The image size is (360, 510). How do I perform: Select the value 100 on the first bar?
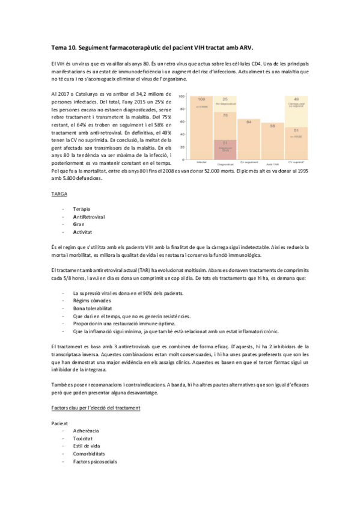[201, 99]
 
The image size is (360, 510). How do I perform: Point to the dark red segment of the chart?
[225, 147]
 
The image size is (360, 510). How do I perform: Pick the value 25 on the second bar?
[225, 99]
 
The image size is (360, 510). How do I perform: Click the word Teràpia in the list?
[82, 209]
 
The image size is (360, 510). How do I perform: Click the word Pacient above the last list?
[61, 424]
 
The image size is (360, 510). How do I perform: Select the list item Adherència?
[86, 432]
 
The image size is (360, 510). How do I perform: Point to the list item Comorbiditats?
[89, 454]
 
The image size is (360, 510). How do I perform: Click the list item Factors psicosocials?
[95, 462]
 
